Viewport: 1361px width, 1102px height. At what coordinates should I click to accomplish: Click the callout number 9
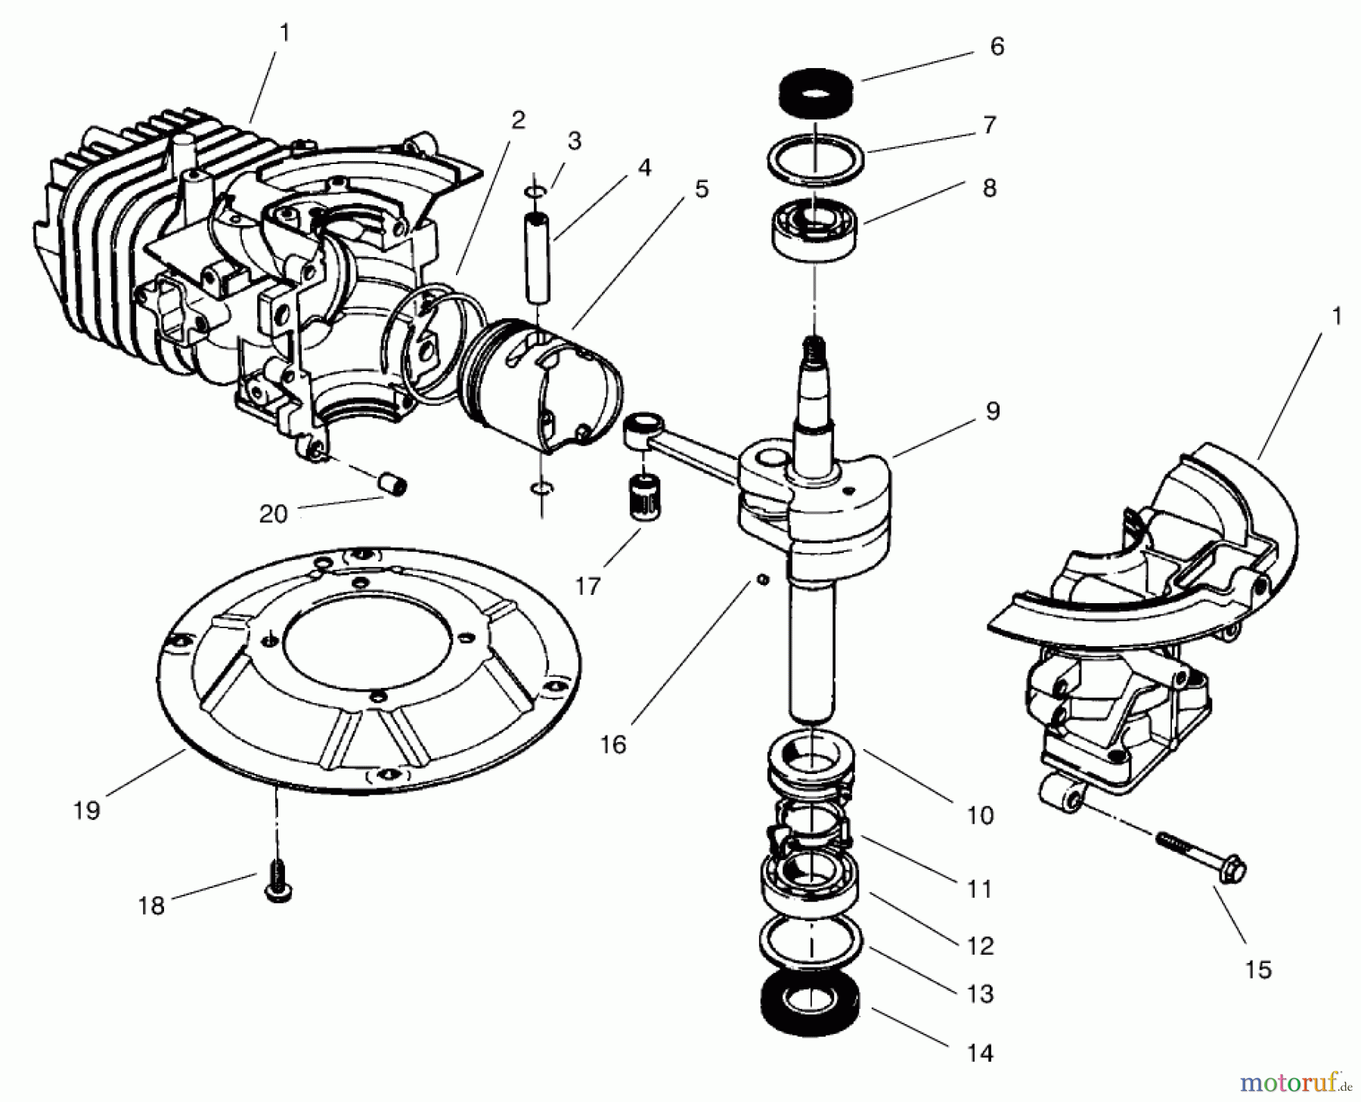coord(992,411)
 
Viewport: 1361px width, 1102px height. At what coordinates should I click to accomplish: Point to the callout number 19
coord(86,810)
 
